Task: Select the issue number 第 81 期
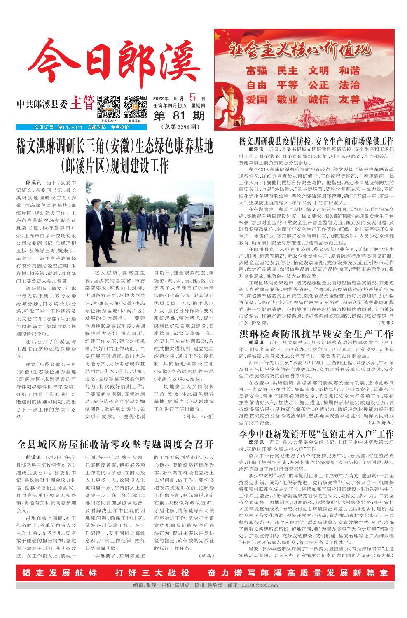[179, 117]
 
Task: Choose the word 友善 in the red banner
[349, 100]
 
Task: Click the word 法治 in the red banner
[349, 85]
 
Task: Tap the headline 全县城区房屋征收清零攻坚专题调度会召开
[115, 444]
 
